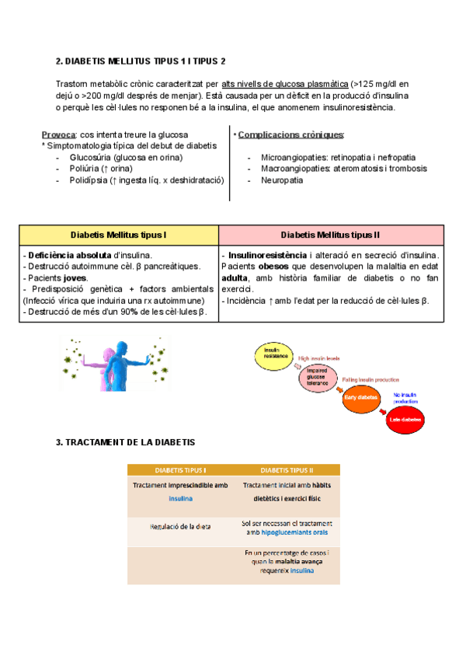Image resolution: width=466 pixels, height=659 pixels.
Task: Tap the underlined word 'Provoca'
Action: coord(58,134)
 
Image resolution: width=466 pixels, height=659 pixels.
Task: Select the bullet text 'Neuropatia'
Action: coord(282,180)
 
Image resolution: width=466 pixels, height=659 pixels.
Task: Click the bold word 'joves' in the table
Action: coord(75,277)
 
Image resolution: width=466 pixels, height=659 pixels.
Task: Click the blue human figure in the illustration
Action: coord(116,362)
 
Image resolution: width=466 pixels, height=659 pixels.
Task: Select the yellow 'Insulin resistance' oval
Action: coord(272,356)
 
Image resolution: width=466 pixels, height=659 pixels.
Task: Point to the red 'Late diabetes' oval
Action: coord(403,420)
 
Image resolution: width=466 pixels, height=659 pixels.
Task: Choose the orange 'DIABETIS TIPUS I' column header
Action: coord(180,470)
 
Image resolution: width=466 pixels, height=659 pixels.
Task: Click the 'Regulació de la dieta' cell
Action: coord(180,527)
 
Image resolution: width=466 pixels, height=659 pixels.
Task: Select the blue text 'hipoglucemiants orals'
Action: coord(288,532)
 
